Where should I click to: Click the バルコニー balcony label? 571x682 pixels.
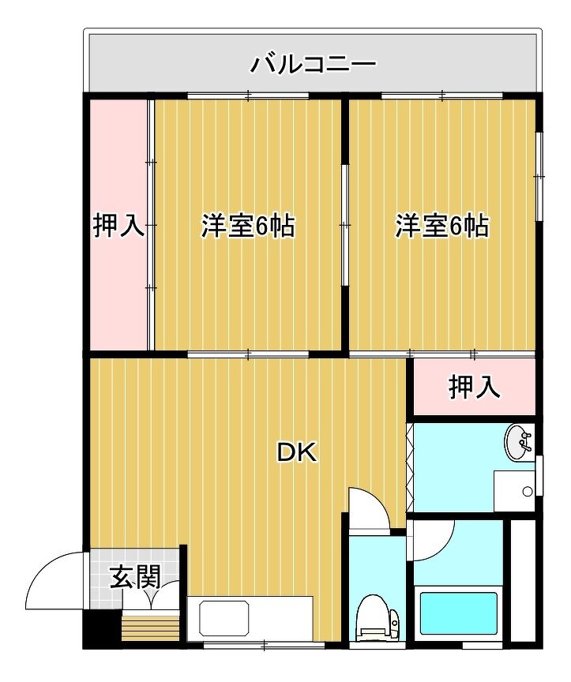(x=314, y=65)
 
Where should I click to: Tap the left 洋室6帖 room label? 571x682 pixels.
(x=248, y=226)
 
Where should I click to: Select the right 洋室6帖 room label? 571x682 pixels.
(x=442, y=226)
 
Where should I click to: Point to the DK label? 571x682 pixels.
(x=298, y=453)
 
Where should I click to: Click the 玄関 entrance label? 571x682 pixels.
(x=135, y=577)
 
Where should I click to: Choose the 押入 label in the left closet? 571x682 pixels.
(x=118, y=226)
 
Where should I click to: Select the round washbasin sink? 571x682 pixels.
(x=518, y=443)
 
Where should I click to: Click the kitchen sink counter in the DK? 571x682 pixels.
(x=250, y=618)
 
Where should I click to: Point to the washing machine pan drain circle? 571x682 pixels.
(x=528, y=492)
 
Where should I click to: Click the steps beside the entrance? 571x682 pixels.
(x=151, y=625)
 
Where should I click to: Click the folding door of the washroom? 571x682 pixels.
(x=410, y=467)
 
